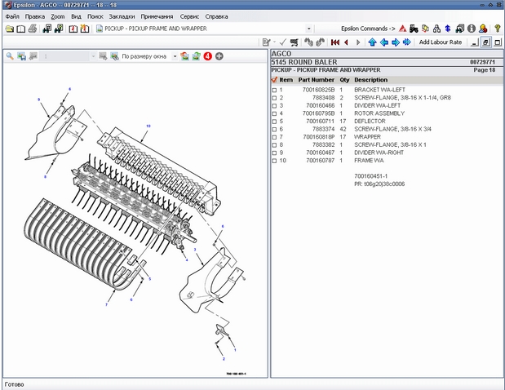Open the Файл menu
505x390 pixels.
tap(12, 16)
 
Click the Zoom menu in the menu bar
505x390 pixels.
tap(57, 16)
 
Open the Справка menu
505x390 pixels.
tap(216, 16)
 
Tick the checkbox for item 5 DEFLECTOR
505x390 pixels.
tap(274, 121)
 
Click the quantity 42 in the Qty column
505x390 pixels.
tap(343, 128)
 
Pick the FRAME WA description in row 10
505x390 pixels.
tap(369, 160)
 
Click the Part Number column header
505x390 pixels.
tap(316, 80)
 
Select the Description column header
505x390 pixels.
tap(371, 80)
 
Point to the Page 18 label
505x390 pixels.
tap(485, 70)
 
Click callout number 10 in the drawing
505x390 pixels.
tap(148, 126)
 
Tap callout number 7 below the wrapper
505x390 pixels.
tap(105, 304)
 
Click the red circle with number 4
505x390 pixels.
tap(207, 56)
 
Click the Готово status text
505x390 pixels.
tap(16, 383)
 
